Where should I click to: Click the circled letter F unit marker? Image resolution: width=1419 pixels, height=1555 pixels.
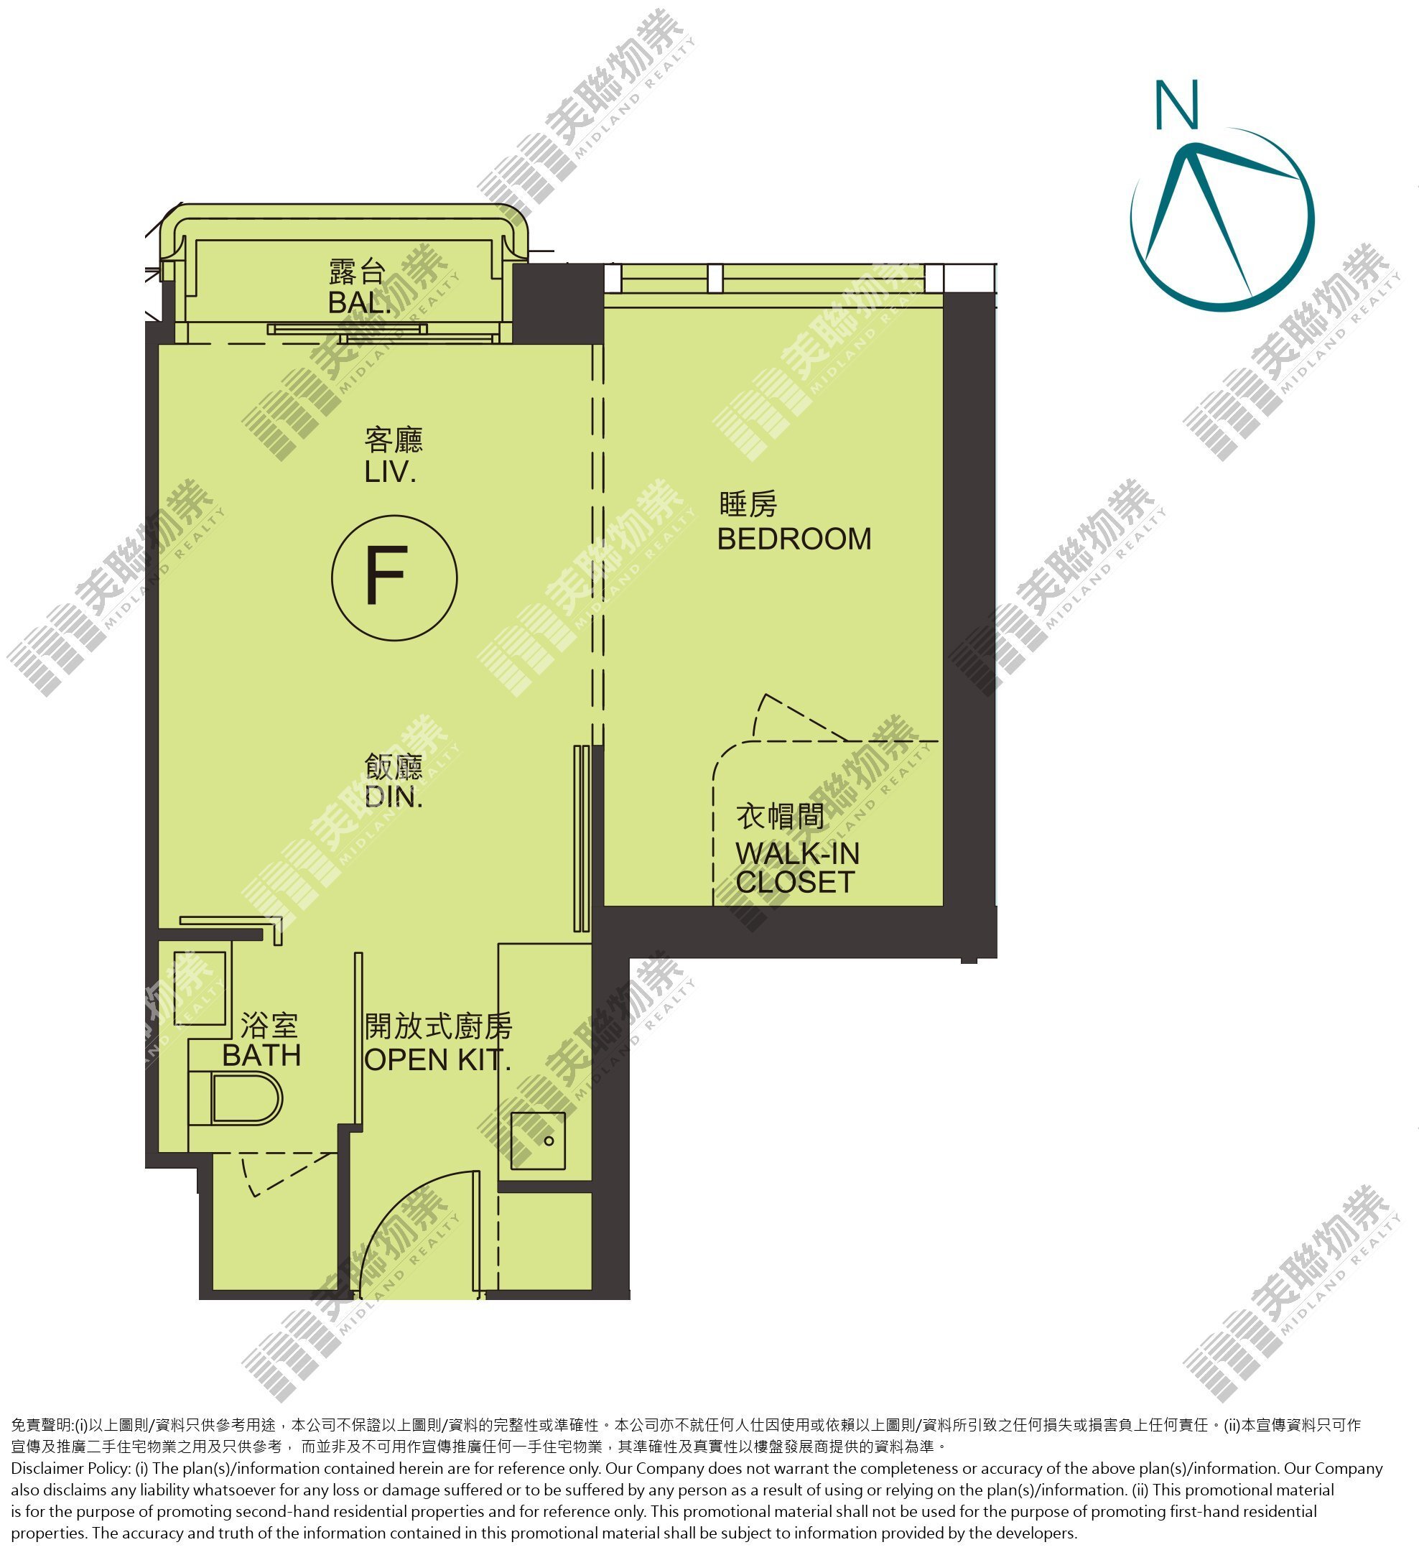pyautogui.click(x=394, y=577)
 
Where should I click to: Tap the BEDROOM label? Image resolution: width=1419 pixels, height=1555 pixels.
pyautogui.click(x=794, y=539)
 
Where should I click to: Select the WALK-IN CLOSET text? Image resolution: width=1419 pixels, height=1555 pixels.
pyautogui.click(x=796, y=868)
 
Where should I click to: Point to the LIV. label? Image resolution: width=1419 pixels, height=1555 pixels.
pyautogui.click(x=390, y=472)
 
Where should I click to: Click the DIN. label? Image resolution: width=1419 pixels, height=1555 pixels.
pyautogui.click(x=394, y=797)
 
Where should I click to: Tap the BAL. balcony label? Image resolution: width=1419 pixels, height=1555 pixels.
pyautogui.click(x=358, y=302)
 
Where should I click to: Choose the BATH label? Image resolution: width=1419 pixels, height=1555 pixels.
pyautogui.click(x=261, y=1055)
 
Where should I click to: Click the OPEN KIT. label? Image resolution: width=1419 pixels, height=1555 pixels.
pyautogui.click(x=437, y=1061)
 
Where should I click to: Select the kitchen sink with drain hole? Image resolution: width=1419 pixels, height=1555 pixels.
pyautogui.click(x=538, y=1141)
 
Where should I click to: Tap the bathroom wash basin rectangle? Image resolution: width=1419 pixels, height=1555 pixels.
pyautogui.click(x=200, y=988)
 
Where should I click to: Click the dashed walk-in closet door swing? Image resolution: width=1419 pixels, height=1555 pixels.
pyautogui.click(x=802, y=718)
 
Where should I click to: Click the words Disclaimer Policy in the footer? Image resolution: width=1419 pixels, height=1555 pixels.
pyautogui.click(x=70, y=1469)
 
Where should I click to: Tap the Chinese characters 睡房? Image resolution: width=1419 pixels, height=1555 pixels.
pyautogui.click(x=748, y=504)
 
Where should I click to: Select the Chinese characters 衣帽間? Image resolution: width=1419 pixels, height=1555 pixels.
pyautogui.click(x=781, y=816)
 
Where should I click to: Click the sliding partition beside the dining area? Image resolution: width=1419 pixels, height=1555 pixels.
pyautogui.click(x=582, y=838)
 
